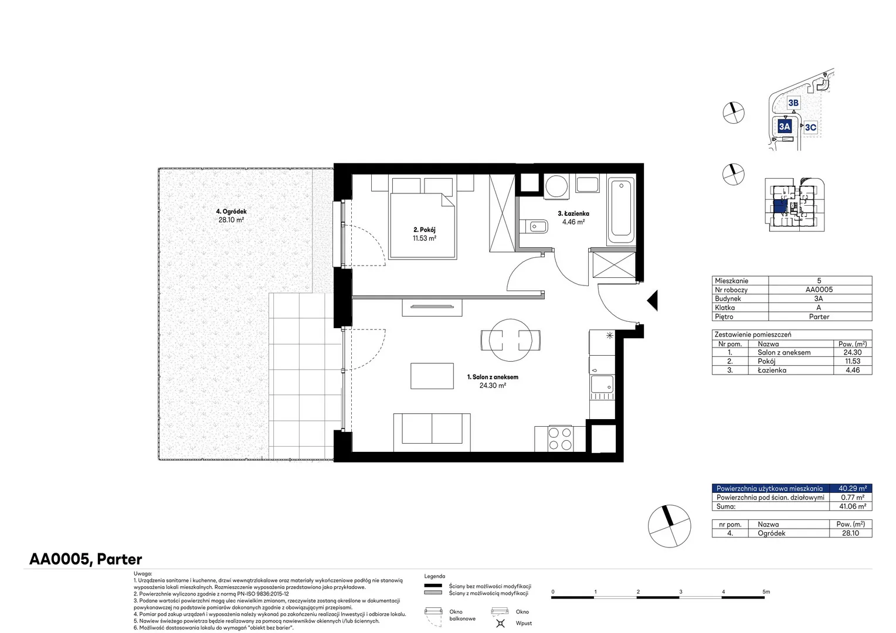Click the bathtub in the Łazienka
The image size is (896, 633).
[x=621, y=209]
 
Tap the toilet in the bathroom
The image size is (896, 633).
[x=534, y=227]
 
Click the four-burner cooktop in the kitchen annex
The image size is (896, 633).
[x=560, y=438]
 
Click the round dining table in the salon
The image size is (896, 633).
[x=510, y=341]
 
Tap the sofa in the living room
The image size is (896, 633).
[x=432, y=433]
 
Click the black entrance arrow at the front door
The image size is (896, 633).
[x=653, y=300]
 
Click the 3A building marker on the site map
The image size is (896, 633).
[x=785, y=127]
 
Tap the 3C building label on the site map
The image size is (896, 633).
[x=810, y=127]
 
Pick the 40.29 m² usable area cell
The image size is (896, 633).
[x=853, y=488]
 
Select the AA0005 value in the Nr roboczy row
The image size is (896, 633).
[x=819, y=290]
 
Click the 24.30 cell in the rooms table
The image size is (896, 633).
[x=853, y=352]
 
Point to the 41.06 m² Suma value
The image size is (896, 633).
[x=853, y=506]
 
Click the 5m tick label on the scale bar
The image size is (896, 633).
[x=766, y=591]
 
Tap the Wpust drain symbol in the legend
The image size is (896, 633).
[x=500, y=623]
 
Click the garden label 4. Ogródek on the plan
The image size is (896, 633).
[x=231, y=211]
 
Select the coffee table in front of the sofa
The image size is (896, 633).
[x=432, y=376]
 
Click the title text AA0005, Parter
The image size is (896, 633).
[x=86, y=559]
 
